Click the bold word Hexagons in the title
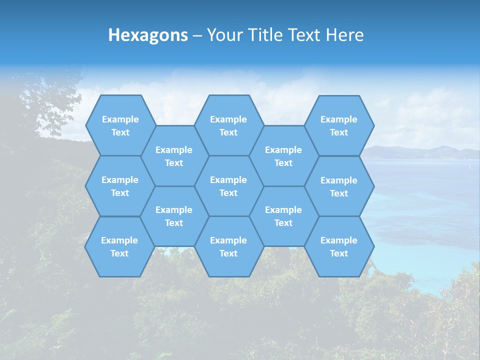pos(148,35)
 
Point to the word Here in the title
pos(345,35)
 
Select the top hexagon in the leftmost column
pos(120,125)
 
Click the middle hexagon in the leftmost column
pos(120,186)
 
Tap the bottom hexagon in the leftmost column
pos(119,246)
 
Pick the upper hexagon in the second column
pos(174,156)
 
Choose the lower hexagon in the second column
pos(174,216)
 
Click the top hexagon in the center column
pos(228,125)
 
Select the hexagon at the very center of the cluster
pos(228,186)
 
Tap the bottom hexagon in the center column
pos(228,246)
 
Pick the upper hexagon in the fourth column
pos(283,156)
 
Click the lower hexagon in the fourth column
pos(283,216)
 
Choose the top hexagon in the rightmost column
pos(339,125)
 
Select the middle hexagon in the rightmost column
pos(339,186)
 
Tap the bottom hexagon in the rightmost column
pos(339,246)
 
